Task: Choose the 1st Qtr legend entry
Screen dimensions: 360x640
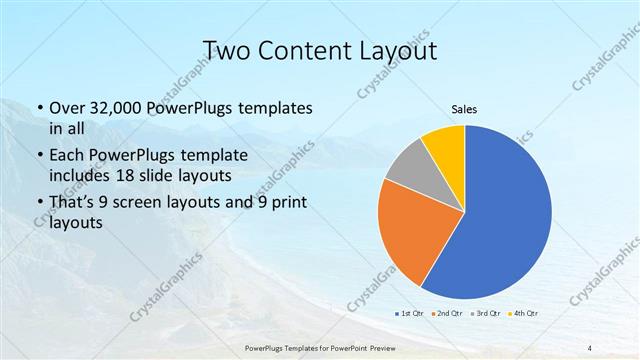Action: tap(407, 314)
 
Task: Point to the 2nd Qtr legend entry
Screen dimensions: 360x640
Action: tap(447, 314)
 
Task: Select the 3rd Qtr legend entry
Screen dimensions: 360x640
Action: tap(488, 314)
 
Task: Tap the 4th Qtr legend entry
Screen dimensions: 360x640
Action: tap(528, 314)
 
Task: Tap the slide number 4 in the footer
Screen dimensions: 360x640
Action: tap(590, 347)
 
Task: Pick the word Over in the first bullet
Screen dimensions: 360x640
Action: tap(66, 107)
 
